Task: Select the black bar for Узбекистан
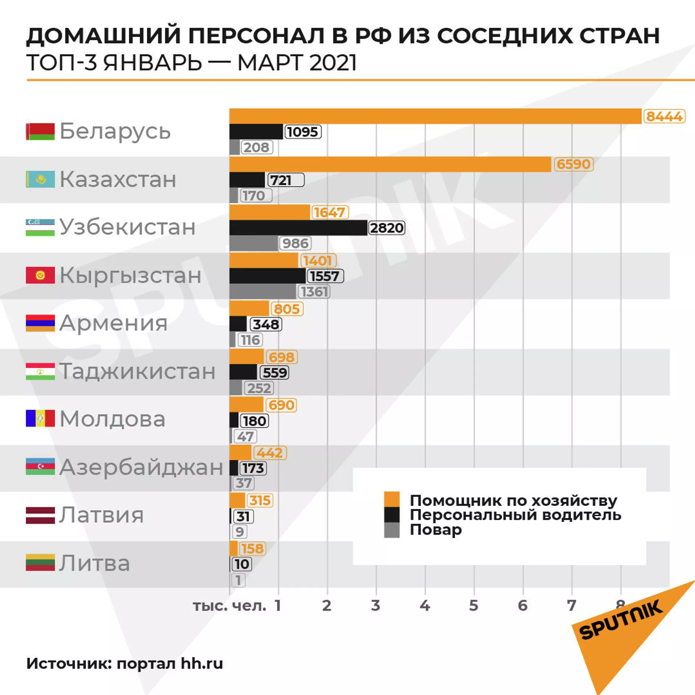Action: click(298, 228)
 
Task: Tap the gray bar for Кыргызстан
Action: click(263, 292)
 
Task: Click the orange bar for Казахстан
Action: click(390, 164)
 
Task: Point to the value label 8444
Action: click(664, 117)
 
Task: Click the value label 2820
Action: click(387, 228)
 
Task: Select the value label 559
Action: click(275, 372)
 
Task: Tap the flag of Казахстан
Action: click(40, 179)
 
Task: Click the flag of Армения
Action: click(40, 323)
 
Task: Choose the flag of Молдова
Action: click(40, 418)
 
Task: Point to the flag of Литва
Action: click(40, 563)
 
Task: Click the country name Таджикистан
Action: click(137, 371)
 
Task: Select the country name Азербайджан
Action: click(141, 467)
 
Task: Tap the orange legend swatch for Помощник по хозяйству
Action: click(392, 499)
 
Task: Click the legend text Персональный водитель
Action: click(515, 515)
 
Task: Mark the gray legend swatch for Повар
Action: click(392, 530)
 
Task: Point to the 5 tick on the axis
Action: click(473, 606)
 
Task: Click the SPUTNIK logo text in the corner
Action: click(621, 620)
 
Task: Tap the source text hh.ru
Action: click(202, 664)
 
